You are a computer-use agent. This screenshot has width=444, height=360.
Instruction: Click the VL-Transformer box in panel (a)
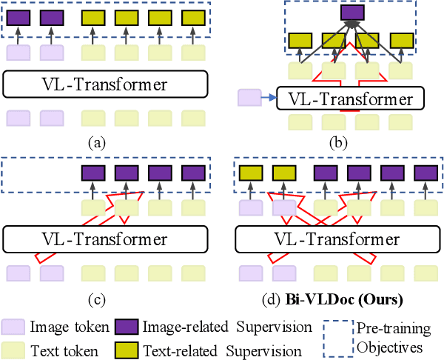tap(104, 84)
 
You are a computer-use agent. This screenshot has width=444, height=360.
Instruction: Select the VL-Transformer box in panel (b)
tap(349, 97)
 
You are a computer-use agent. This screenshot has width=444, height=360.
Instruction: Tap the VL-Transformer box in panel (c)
tap(104, 240)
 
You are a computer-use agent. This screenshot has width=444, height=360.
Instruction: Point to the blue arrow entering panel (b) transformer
tap(269, 96)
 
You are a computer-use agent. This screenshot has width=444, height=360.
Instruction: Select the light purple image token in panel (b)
tap(250, 96)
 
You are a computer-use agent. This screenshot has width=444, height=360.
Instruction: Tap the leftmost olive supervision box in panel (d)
tap(250, 173)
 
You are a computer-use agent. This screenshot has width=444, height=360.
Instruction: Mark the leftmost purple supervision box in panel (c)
tap(92, 173)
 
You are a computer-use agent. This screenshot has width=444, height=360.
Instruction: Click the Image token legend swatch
tap(13, 325)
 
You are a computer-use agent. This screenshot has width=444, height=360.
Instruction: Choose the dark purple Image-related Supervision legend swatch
tap(127, 325)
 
